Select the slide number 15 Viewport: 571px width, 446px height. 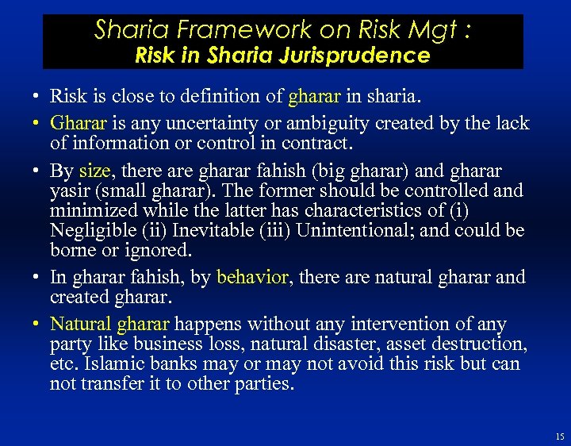tap(560, 436)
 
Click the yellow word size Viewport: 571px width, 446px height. tap(94, 170)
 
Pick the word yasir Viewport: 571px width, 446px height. tap(69, 190)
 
